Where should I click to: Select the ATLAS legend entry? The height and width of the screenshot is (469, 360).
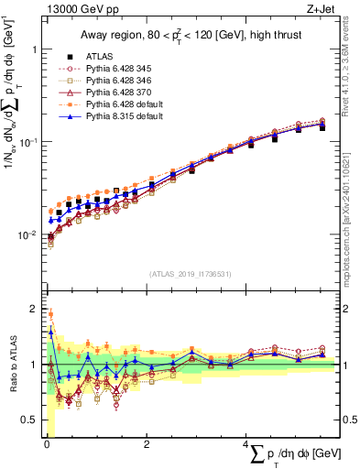[99, 56]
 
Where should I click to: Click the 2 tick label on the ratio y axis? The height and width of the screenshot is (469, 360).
[33, 309]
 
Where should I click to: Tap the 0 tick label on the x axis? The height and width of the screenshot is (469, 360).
[47, 446]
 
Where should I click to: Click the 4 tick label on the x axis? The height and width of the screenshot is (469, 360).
[246, 446]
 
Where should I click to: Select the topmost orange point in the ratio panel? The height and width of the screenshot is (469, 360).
[50, 314]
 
